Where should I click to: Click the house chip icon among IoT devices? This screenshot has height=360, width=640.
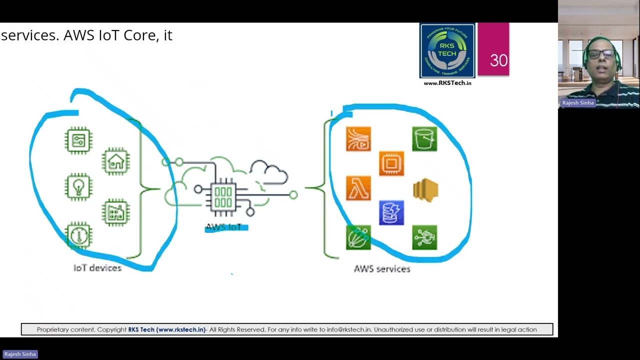pos(116,161)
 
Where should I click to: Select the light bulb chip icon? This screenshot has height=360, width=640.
pos(78,187)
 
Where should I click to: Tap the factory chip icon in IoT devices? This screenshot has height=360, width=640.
pos(116,213)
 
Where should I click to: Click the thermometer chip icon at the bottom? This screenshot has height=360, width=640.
pos(78,235)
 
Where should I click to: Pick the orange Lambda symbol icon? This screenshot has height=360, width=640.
pos(358,188)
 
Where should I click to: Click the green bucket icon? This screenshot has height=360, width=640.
pos(424,139)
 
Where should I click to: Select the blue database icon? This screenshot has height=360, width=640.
pos(391,213)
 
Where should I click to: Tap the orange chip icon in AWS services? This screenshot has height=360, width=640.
pos(391,163)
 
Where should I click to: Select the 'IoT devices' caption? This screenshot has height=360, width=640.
pos(97,268)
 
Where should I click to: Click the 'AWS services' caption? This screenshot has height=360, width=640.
pos(382,269)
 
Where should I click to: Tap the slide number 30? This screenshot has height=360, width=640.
pos(498,60)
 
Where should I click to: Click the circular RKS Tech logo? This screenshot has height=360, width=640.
pos(447,51)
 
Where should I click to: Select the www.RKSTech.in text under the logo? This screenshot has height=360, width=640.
pos(447,83)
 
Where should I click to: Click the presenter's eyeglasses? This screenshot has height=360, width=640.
pos(601,53)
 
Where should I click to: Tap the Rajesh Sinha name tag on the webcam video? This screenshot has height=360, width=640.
pos(578,103)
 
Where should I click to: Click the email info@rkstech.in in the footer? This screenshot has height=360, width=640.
pos(348,329)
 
